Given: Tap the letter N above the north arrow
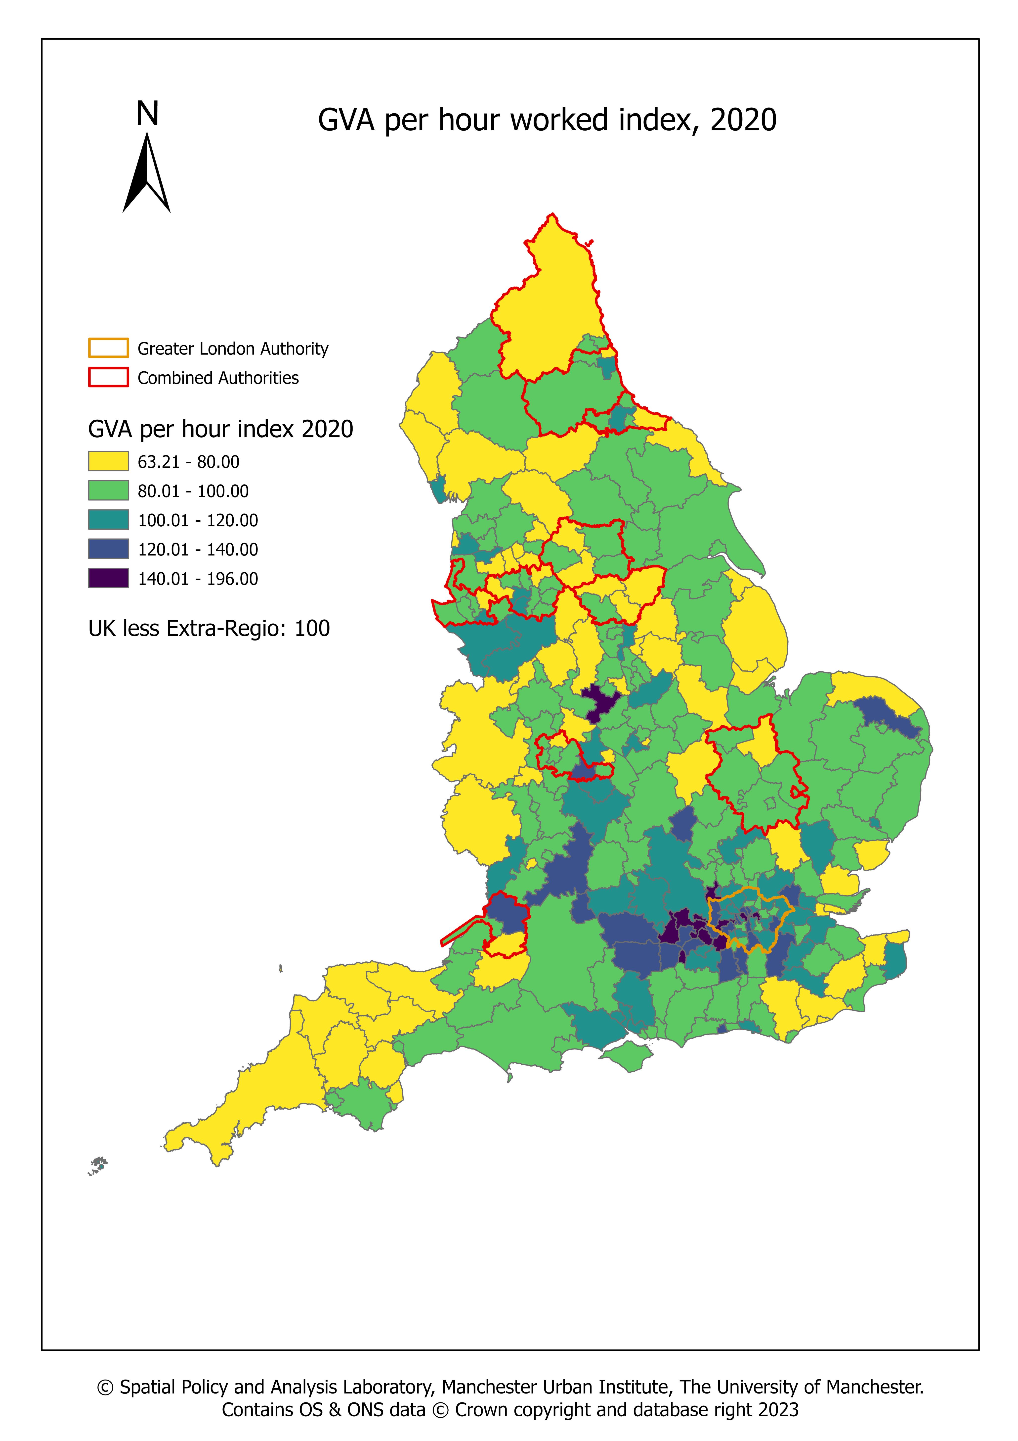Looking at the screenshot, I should click(x=147, y=114).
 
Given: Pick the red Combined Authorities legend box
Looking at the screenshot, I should click(x=109, y=377).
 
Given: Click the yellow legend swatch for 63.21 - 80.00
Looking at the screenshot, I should click(x=109, y=461).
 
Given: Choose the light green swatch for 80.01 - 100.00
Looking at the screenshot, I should click(x=109, y=491).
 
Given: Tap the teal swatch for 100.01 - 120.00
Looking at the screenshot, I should click(x=109, y=520).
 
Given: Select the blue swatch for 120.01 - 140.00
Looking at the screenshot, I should click(x=109, y=549).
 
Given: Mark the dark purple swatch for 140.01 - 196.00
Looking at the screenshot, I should click(x=109, y=578).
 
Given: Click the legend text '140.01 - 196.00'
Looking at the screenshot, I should click(x=198, y=579).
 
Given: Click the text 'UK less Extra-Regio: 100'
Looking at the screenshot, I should click(x=209, y=628).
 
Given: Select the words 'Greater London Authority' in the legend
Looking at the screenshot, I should click(x=233, y=349).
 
